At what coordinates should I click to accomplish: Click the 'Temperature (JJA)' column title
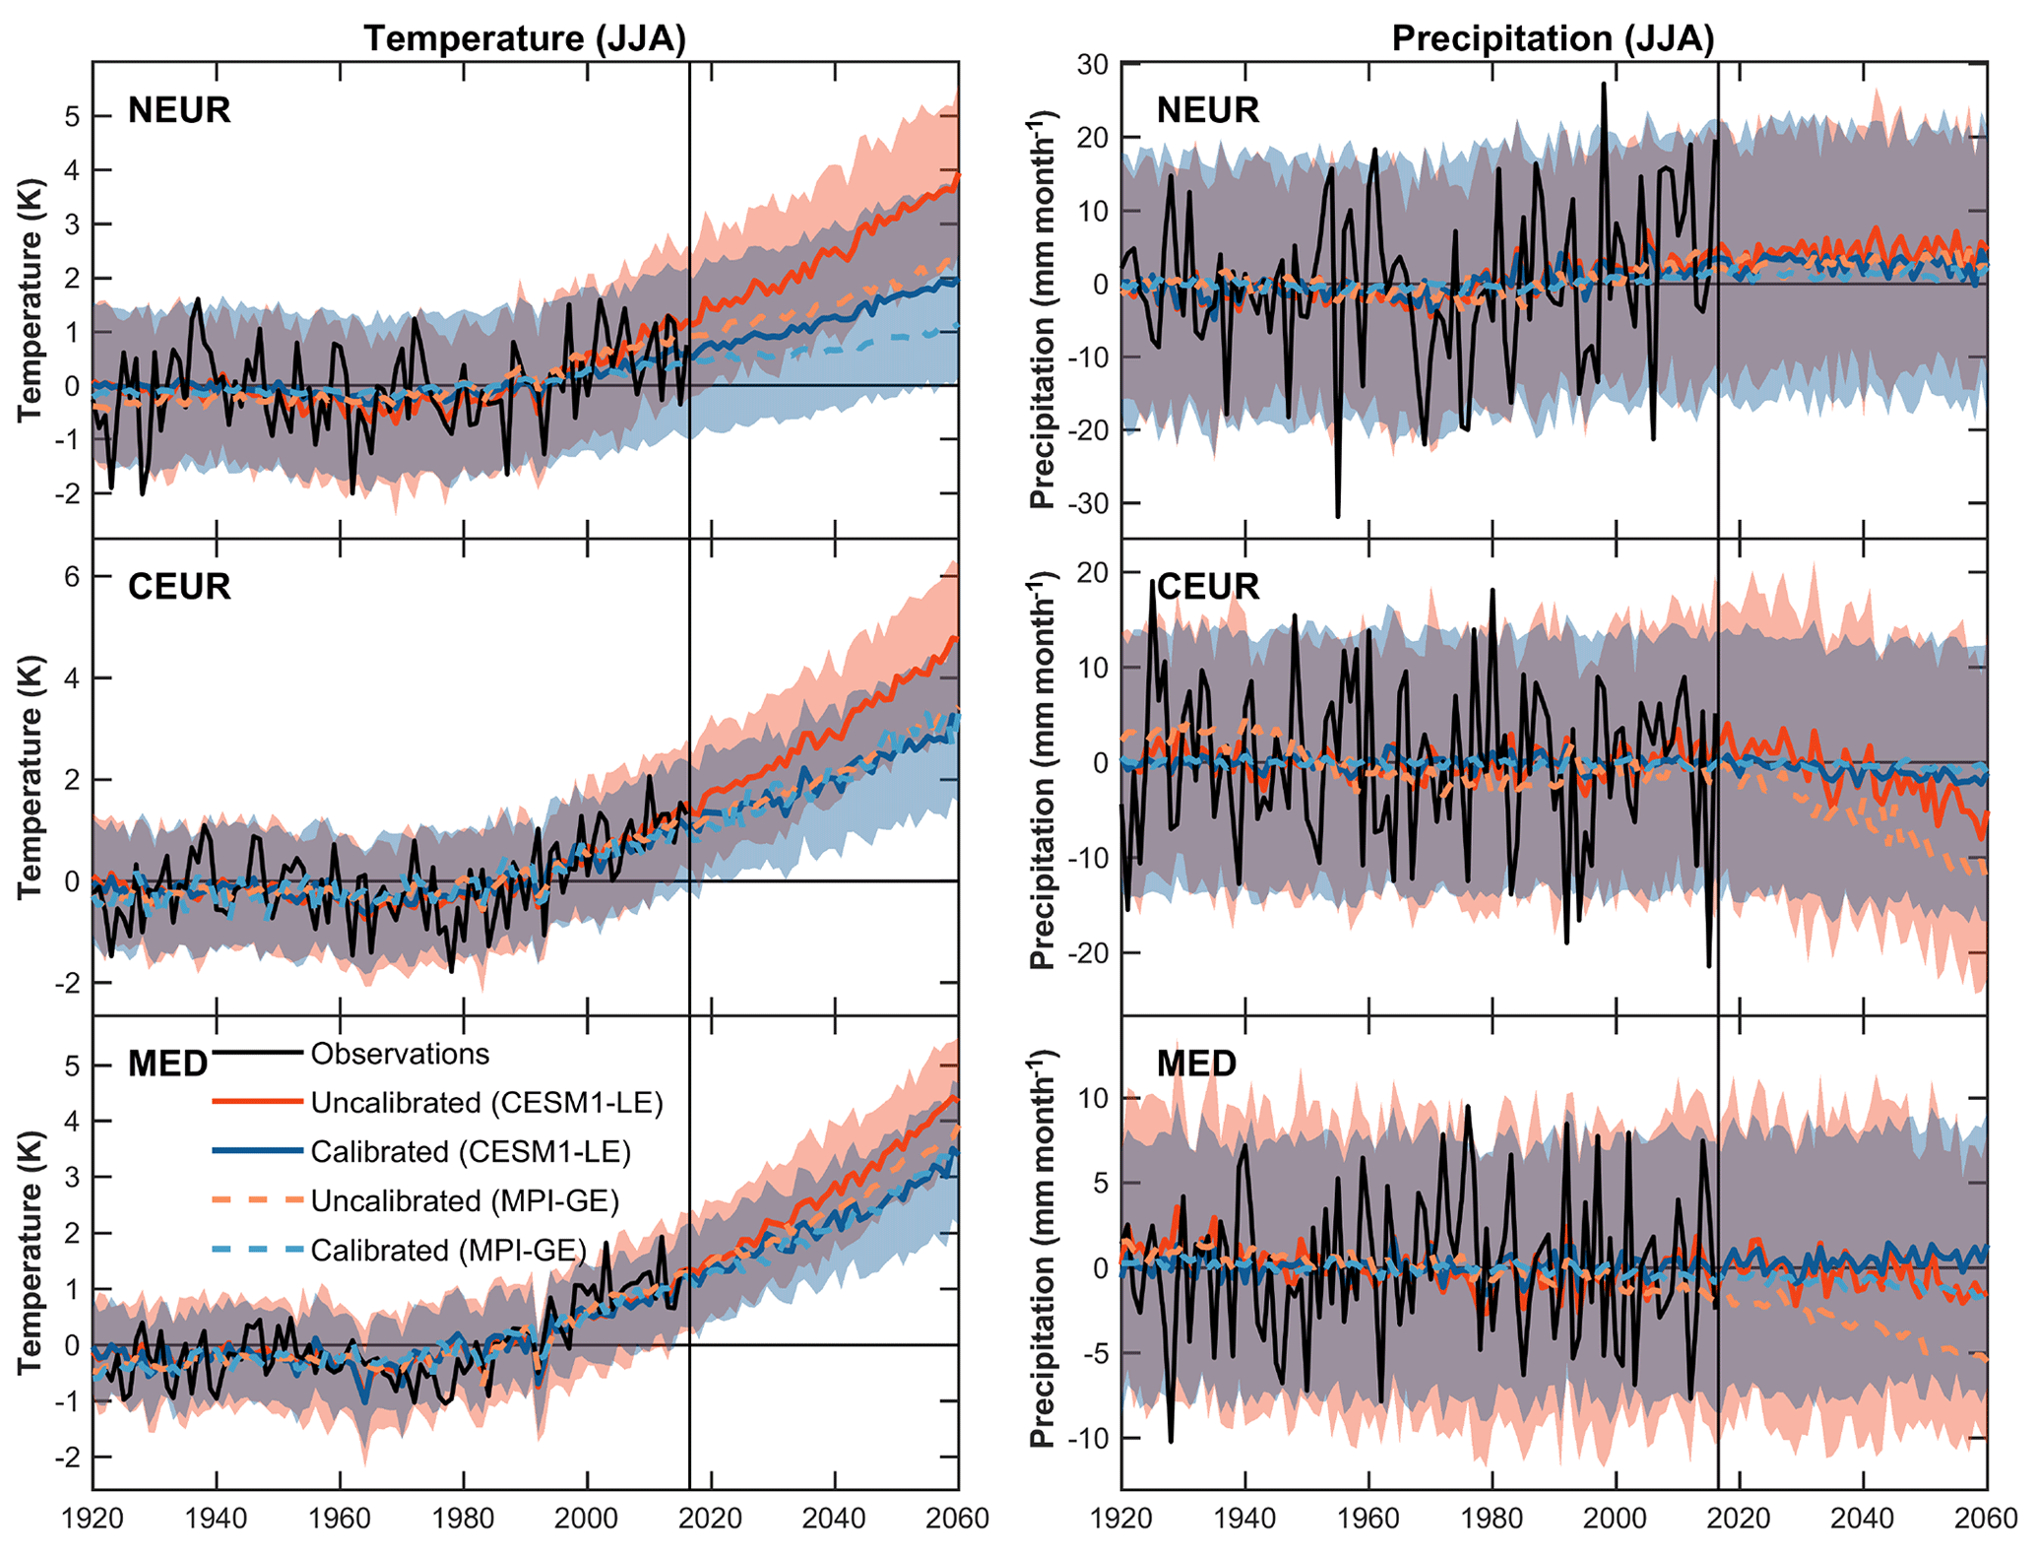point(525,38)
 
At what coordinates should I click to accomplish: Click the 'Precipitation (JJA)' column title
point(1553,38)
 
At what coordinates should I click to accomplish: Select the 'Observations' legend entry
point(400,1055)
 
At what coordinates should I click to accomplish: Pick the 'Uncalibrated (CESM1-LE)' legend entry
point(486,1103)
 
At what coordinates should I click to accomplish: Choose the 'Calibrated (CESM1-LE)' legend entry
point(471,1152)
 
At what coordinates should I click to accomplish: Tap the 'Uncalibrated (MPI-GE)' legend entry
point(465,1201)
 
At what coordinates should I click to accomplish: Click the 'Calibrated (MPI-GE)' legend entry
point(448,1251)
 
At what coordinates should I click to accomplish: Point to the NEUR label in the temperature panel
point(179,110)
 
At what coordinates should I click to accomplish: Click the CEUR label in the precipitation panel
point(1207,587)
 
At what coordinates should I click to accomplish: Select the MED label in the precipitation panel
point(1196,1064)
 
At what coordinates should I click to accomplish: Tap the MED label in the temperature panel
point(168,1064)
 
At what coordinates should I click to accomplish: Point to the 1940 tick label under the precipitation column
point(1244,1519)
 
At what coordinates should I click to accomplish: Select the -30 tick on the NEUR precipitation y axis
point(1088,503)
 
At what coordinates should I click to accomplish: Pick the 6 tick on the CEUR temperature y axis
point(71,576)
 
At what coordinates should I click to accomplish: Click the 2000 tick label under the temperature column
point(587,1519)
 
